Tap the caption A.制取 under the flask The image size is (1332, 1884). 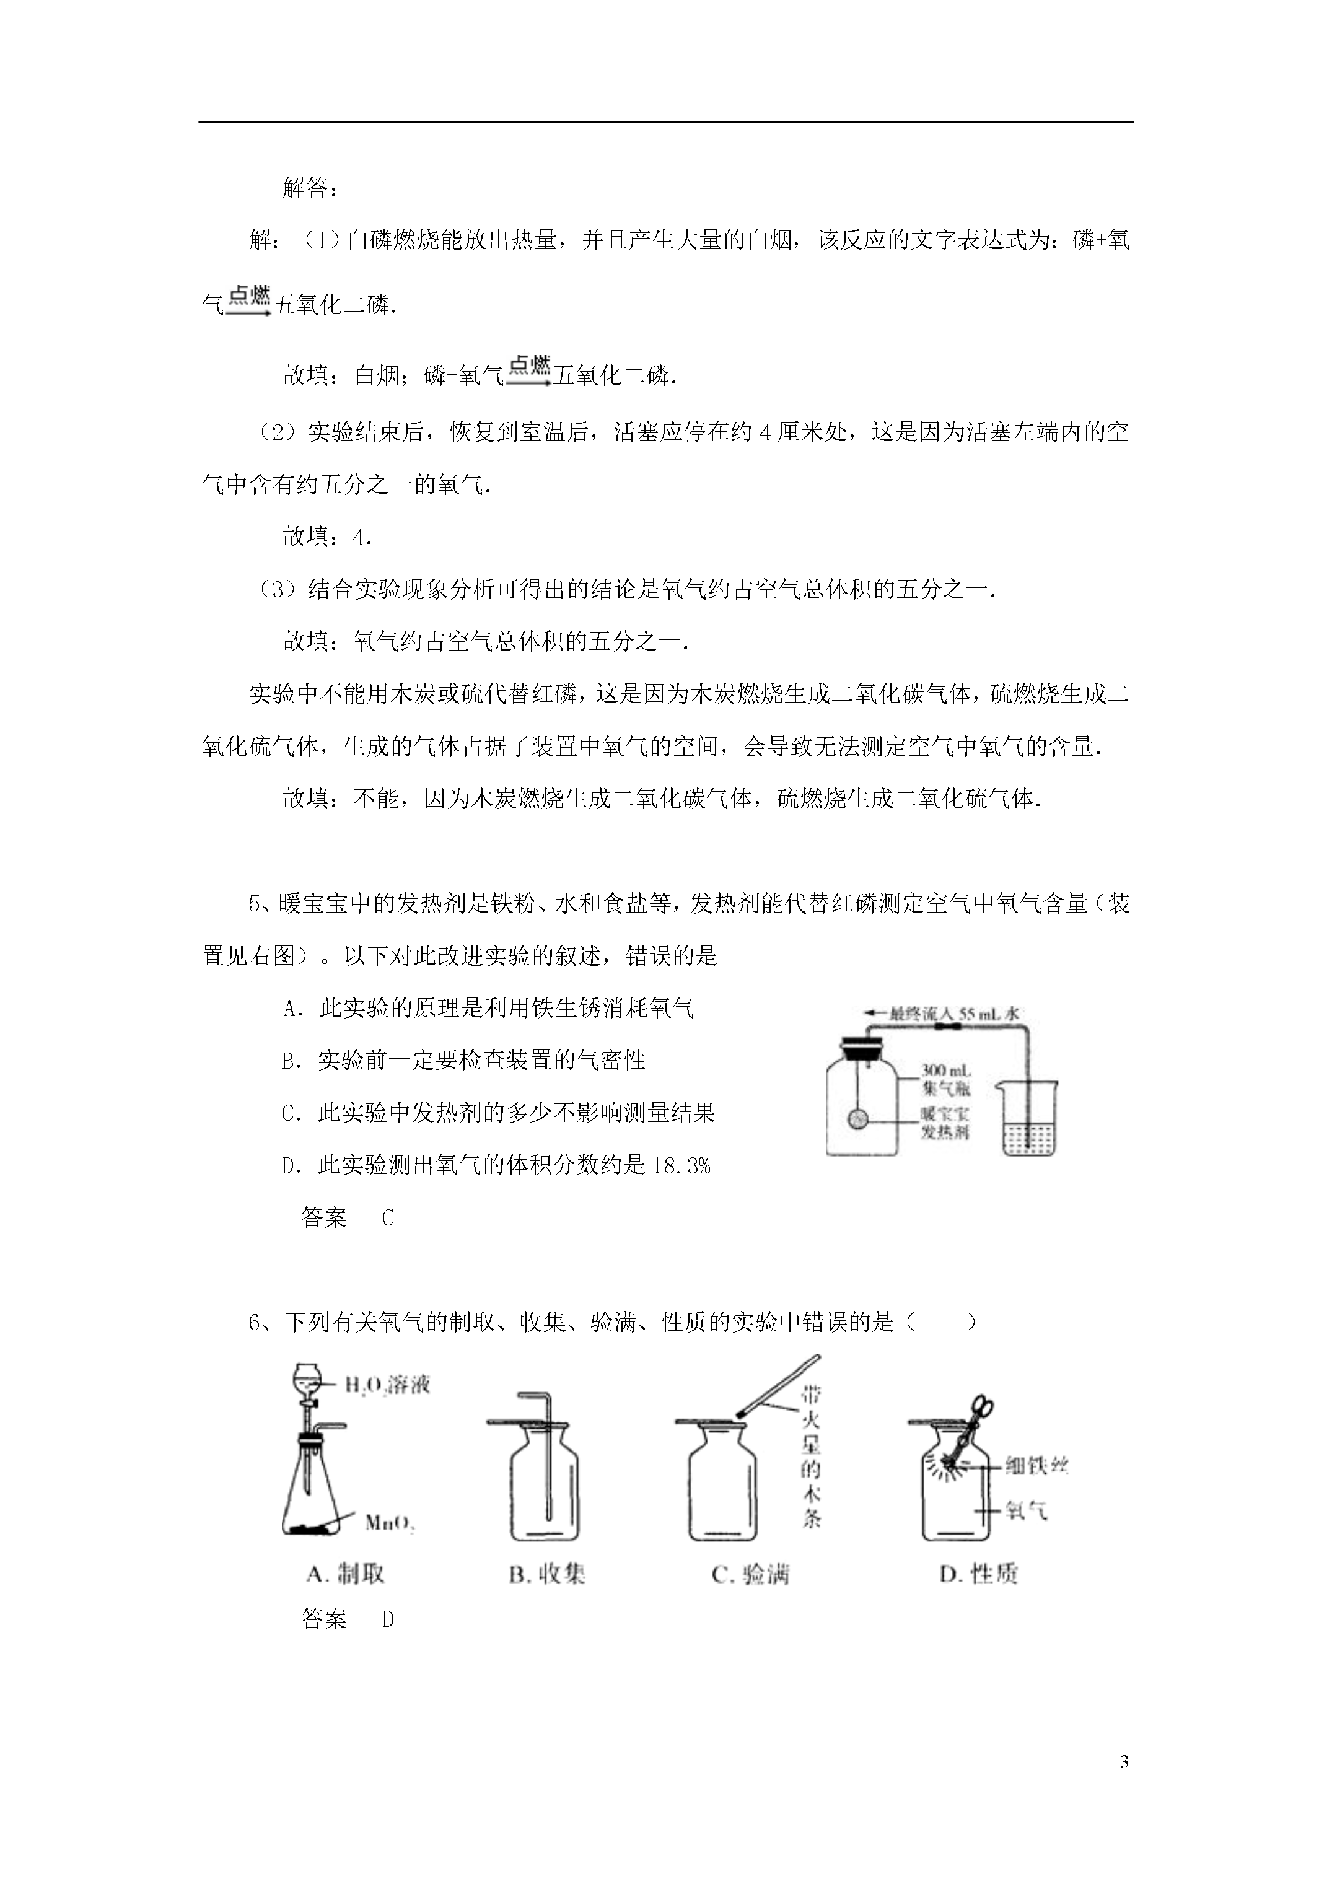344,1573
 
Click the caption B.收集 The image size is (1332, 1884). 546,1573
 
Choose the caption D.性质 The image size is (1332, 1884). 978,1573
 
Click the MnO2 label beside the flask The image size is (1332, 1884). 389,1523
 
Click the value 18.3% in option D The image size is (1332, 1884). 680,1165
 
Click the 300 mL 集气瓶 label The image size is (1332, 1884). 945,1080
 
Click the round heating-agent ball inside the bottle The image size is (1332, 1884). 859,1120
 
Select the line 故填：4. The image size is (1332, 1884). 328,537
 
